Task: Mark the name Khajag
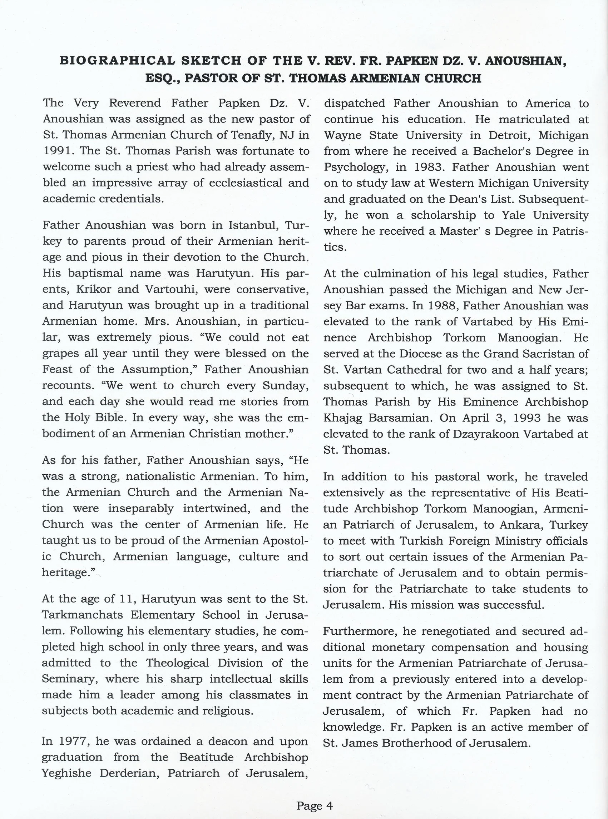click(x=342, y=418)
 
